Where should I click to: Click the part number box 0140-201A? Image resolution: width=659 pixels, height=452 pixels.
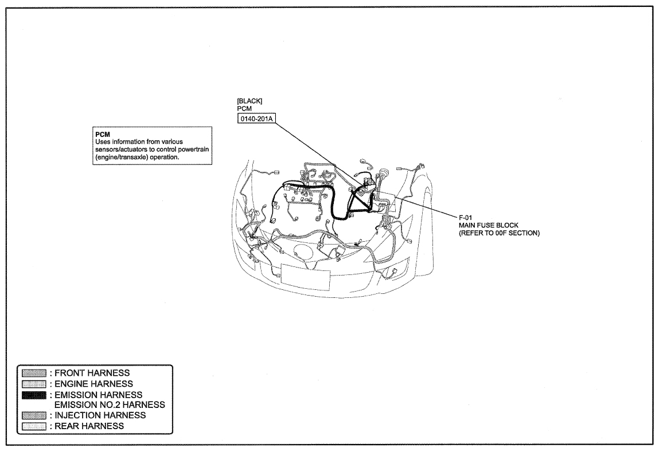(x=256, y=119)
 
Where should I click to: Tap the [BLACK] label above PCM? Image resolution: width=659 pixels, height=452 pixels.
(x=249, y=101)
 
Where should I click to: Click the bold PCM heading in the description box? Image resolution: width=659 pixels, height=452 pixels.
(x=103, y=134)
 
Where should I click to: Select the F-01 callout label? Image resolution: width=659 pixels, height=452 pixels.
(x=465, y=217)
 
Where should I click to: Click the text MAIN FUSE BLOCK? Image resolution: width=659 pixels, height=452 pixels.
(x=488, y=225)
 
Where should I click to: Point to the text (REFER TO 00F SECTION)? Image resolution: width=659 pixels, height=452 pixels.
(x=499, y=233)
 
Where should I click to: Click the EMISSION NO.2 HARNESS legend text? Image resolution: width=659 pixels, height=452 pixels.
(x=110, y=404)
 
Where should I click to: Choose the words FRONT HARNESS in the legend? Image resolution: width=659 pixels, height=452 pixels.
(x=92, y=373)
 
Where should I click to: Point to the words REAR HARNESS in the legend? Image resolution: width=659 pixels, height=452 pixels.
(x=89, y=426)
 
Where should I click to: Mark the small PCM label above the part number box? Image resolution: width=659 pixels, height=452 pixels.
(x=244, y=109)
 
